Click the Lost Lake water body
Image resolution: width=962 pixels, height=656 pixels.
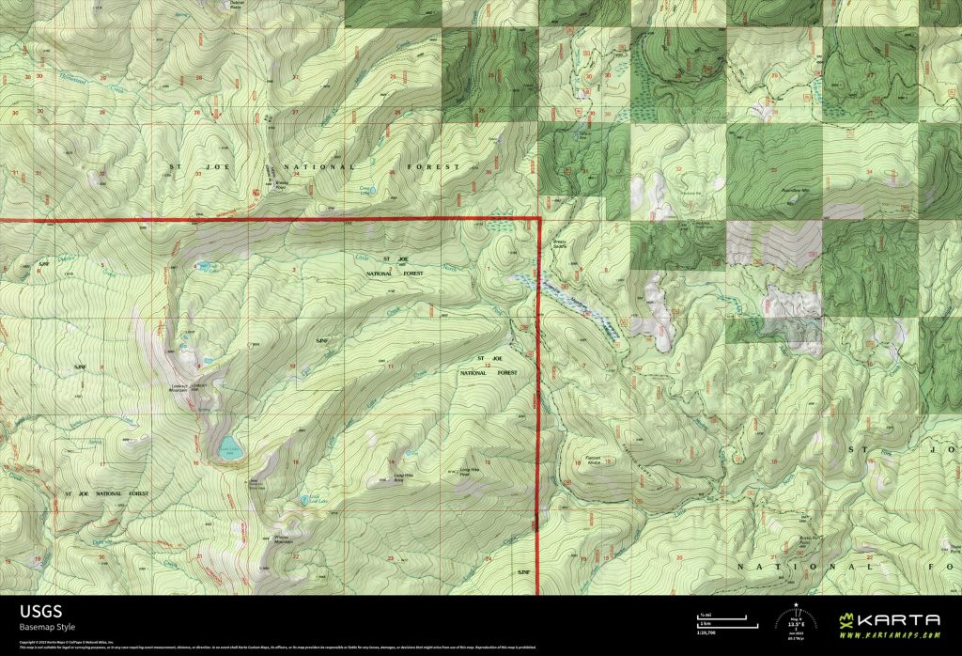(x=229, y=445)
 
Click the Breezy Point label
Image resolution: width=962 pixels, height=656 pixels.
(x=280, y=184)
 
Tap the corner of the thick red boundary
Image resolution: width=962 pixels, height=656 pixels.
(x=539, y=219)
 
